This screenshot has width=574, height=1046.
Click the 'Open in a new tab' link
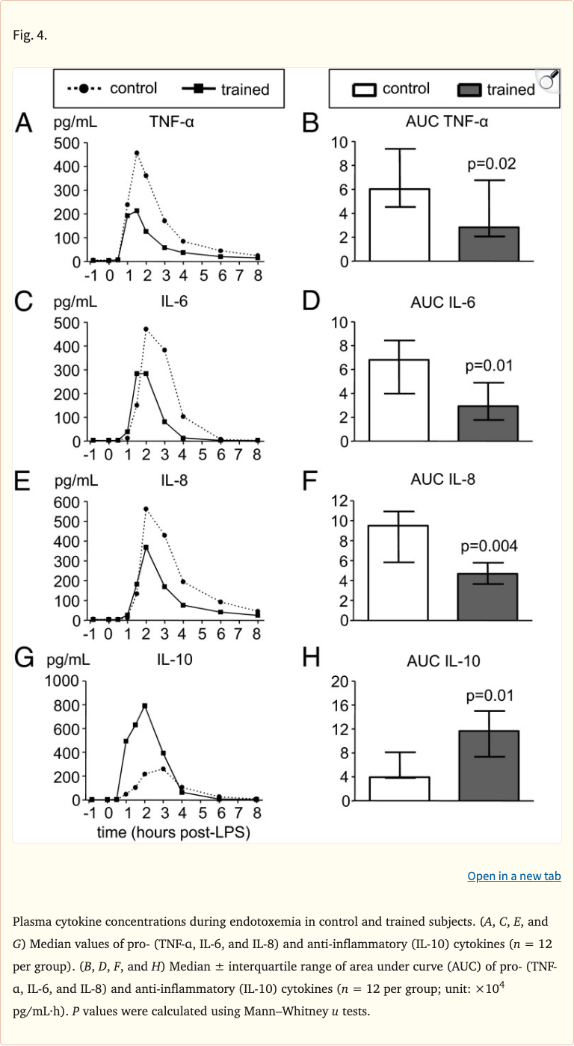click(514, 876)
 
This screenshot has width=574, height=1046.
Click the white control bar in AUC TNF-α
click(399, 225)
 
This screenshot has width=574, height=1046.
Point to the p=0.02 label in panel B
click(490, 164)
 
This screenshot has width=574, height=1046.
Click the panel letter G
click(25, 658)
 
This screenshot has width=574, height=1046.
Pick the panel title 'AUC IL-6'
click(443, 303)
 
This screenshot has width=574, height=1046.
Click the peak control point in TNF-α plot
click(137, 153)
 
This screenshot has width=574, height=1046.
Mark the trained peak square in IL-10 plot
click(145, 705)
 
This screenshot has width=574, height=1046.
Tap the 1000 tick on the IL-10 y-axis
click(63, 681)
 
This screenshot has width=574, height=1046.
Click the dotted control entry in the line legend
click(114, 88)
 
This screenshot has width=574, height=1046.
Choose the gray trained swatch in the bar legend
click(469, 90)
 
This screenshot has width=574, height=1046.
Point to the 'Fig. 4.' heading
click(30, 35)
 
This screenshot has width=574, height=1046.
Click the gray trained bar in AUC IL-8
click(489, 597)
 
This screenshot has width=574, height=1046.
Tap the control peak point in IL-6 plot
click(146, 329)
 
